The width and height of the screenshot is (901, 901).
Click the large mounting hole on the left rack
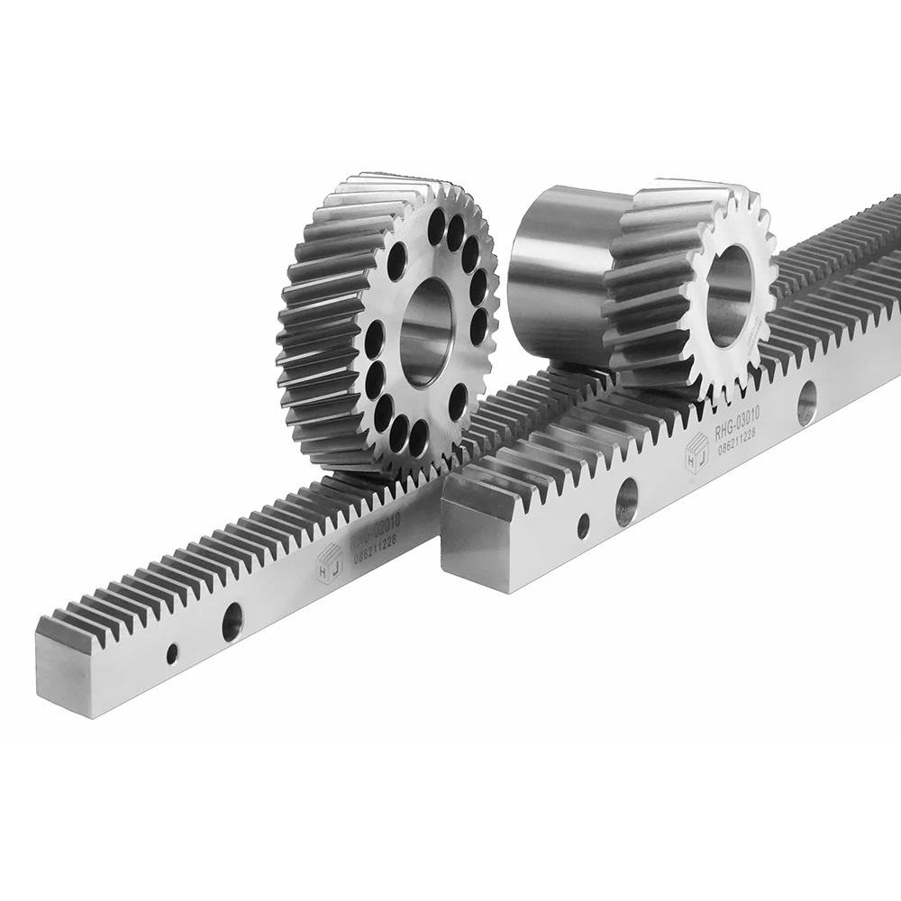(x=232, y=621)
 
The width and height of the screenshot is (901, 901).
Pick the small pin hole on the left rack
(x=172, y=652)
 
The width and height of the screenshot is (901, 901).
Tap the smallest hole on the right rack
(x=584, y=524)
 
